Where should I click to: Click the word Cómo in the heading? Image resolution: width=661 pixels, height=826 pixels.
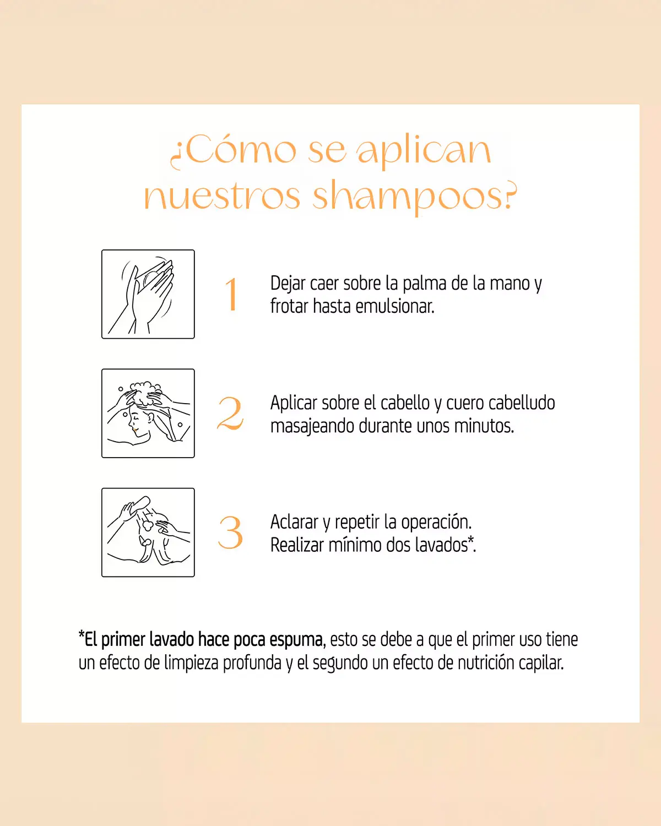(241, 150)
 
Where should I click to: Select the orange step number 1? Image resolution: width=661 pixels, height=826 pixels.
(232, 295)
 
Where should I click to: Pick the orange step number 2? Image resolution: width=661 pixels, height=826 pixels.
(230, 414)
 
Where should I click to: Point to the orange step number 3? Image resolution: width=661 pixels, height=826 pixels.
(230, 532)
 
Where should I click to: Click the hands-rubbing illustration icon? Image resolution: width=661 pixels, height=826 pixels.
(148, 294)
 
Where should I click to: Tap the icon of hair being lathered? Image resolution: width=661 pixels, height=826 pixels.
(148, 413)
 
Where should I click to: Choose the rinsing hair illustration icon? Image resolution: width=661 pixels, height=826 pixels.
(148, 532)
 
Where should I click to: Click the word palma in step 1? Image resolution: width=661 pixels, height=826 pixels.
(425, 284)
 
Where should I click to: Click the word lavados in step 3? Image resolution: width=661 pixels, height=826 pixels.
(441, 545)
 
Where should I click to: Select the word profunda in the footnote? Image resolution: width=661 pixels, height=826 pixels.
(252, 663)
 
